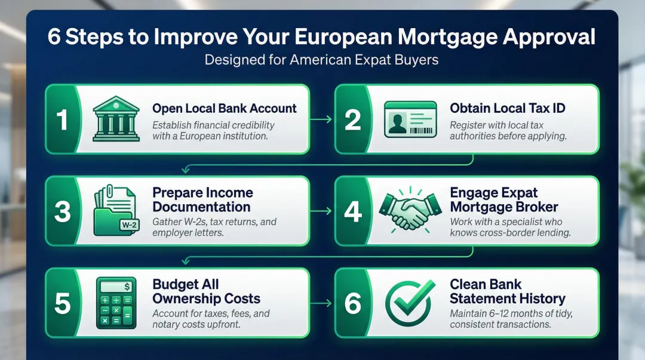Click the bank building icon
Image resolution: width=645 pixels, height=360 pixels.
tap(115, 119)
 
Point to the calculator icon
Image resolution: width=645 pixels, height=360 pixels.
tap(115, 303)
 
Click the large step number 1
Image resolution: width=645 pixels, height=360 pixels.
tap(62, 119)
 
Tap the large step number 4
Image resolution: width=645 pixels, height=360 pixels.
tap(353, 212)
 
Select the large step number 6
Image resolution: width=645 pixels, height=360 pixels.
tap(353, 304)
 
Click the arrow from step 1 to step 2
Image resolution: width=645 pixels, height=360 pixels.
tap(321, 119)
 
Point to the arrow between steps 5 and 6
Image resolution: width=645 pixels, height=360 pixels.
tap(321, 304)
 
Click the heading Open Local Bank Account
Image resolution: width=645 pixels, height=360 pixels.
tap(225, 109)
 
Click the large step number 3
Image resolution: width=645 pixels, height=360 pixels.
tap(62, 212)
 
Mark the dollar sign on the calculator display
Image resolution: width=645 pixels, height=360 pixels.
tap(128, 287)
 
